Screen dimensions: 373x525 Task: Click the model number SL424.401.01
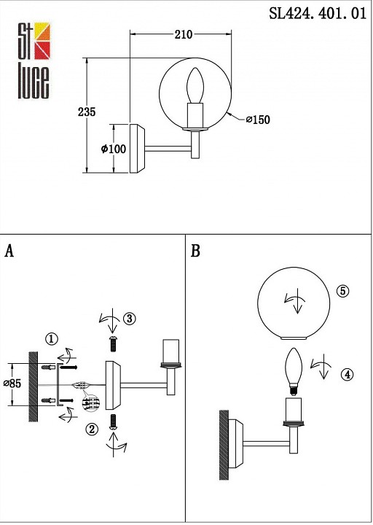tap(318, 14)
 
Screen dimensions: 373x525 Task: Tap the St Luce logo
tap(34, 61)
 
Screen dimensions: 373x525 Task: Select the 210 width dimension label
tap(184, 34)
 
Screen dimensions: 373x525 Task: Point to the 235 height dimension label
tap(87, 112)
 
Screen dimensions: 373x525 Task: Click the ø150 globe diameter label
tap(258, 120)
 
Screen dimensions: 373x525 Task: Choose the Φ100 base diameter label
tap(114, 149)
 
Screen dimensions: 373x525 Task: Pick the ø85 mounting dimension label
tap(12, 384)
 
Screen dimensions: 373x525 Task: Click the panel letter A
tap(9, 251)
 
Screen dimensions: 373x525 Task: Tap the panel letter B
tap(195, 251)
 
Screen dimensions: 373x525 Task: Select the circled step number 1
tap(52, 339)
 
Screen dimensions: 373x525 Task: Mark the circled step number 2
tap(92, 429)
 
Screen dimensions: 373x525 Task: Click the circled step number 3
tap(130, 319)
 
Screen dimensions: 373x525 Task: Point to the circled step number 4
tap(348, 375)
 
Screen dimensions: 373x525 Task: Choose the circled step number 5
tap(343, 291)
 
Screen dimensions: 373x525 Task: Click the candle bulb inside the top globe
tap(195, 86)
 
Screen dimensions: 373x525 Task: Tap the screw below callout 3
tap(114, 343)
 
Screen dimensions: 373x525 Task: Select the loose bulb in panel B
tap(294, 372)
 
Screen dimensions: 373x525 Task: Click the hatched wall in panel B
tap(224, 445)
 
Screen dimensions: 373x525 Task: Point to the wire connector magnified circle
tap(91, 402)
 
